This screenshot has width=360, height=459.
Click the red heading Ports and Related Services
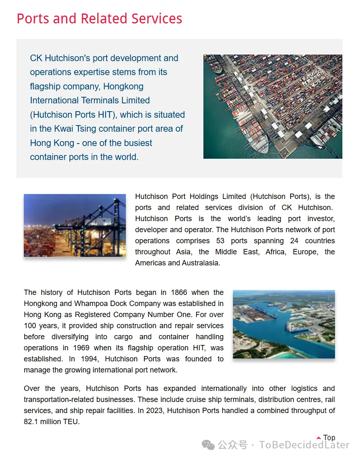99,19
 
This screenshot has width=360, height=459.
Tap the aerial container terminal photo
273,107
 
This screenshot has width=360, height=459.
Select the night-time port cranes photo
75,225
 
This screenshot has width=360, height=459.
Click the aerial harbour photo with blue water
284,324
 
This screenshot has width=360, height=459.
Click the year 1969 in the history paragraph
82,348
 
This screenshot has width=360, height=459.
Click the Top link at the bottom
329,438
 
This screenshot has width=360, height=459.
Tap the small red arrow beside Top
319,438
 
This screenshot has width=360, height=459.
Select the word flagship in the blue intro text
45,87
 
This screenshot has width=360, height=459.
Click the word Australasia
199,263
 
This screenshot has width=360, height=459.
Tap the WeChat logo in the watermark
209,445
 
